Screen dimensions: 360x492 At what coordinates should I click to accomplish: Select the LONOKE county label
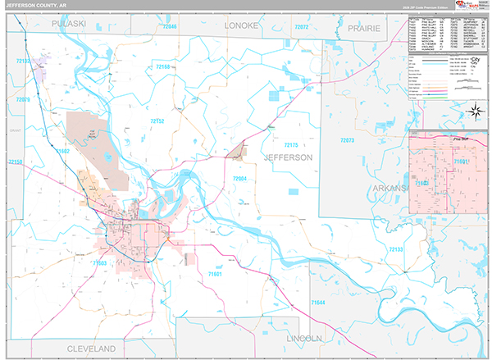click(243, 26)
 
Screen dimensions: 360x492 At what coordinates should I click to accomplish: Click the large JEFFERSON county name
click(287, 157)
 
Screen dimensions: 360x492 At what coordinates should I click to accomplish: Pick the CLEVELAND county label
click(90, 349)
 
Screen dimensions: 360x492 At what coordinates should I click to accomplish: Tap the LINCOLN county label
click(309, 338)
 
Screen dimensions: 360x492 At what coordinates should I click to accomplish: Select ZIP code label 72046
click(169, 27)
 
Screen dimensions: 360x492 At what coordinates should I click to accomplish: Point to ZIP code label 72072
click(301, 27)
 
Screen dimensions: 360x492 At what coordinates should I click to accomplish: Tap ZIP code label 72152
click(156, 121)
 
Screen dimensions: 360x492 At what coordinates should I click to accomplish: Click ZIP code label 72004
click(239, 178)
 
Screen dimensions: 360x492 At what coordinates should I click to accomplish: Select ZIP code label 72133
click(396, 248)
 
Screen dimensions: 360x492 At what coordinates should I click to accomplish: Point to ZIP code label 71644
click(318, 303)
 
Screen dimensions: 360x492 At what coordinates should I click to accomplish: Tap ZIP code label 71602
click(63, 152)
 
